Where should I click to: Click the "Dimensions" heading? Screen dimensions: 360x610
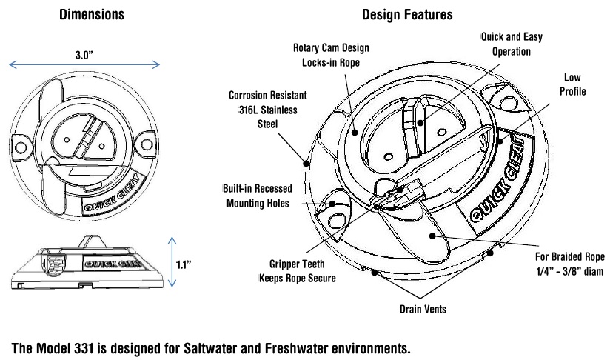(93, 14)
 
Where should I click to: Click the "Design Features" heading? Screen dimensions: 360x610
(408, 14)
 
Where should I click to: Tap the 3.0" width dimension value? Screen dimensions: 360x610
(87, 54)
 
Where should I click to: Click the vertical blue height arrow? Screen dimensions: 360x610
(172, 261)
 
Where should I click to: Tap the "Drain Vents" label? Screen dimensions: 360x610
(423, 309)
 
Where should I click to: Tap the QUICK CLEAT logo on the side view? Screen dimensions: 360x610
(109, 261)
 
